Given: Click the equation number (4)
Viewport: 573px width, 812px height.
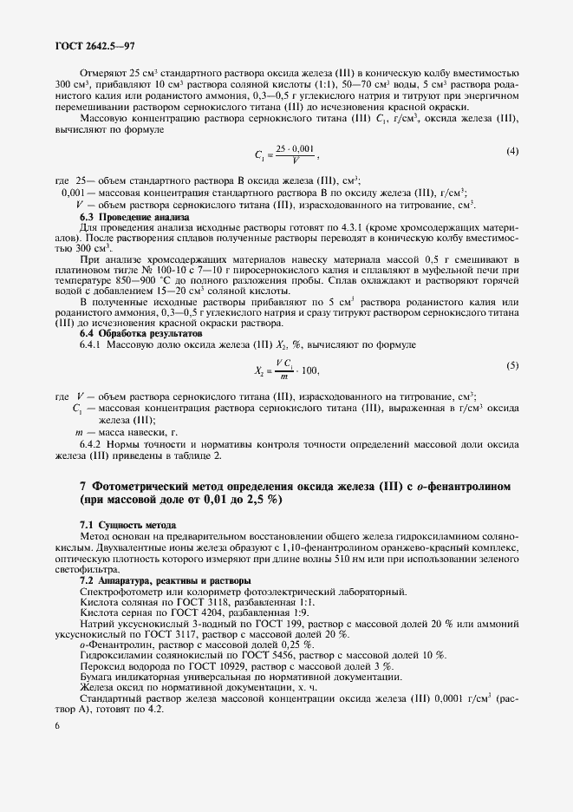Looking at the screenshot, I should point(512,153).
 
